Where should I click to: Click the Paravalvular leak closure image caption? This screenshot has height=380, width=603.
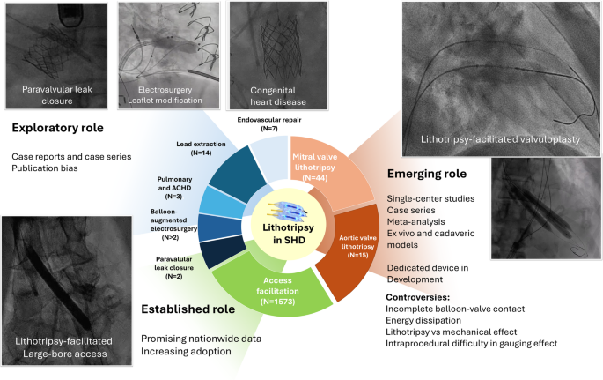coord(55,94)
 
